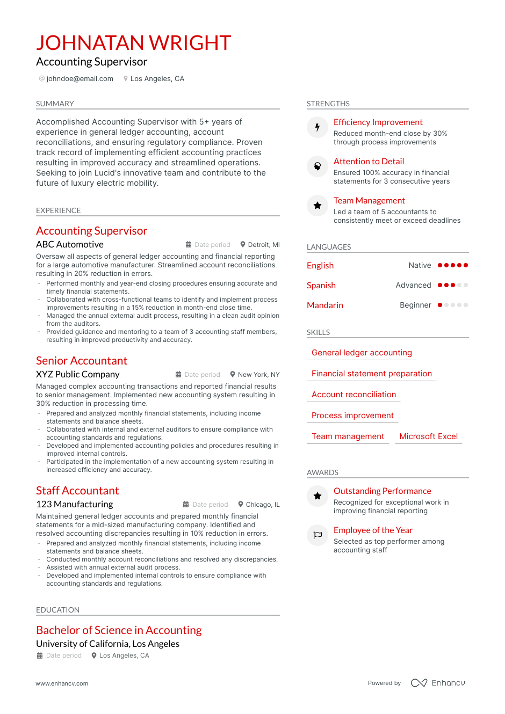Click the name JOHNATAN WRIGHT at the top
click(x=133, y=43)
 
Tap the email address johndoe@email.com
click(x=80, y=79)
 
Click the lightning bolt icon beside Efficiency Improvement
click(x=318, y=127)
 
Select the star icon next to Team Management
click(x=318, y=206)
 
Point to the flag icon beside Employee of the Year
click(x=318, y=535)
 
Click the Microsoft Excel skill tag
click(x=428, y=436)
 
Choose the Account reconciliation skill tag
click(x=353, y=395)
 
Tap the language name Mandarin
click(x=324, y=305)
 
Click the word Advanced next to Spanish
click(x=413, y=286)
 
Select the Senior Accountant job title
click(x=82, y=361)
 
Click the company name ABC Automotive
click(x=70, y=245)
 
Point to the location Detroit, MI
click(x=263, y=245)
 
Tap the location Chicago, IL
click(x=262, y=505)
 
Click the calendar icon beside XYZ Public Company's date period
click(x=178, y=375)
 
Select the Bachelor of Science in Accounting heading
click(x=119, y=630)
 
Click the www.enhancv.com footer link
click(x=62, y=683)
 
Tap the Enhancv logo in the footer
click(x=438, y=683)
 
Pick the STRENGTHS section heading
click(x=328, y=104)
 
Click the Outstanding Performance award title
click(x=382, y=491)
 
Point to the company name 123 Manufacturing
click(x=75, y=505)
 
